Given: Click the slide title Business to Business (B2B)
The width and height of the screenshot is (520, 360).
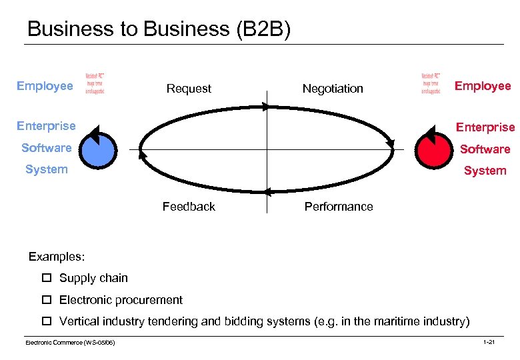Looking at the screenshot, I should point(159,29).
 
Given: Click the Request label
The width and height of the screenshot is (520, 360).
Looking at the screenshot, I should point(189,89).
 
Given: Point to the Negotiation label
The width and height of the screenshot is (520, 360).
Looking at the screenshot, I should point(333,89).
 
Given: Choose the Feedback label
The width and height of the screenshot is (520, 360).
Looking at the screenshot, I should point(189,207).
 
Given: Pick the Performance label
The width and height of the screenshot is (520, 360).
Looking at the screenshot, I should point(339,207).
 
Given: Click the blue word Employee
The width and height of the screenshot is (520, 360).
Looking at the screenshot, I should point(45,86).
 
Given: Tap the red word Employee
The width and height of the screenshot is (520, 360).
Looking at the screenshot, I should point(483,86).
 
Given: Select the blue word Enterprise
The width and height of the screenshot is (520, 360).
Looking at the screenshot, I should point(46,126).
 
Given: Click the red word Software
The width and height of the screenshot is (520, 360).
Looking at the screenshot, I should point(485,149).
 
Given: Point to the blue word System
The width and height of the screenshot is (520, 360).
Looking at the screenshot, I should point(46,169).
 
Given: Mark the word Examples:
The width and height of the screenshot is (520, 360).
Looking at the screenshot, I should point(57,257).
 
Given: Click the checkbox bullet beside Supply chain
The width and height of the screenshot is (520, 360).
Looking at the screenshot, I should point(47,278).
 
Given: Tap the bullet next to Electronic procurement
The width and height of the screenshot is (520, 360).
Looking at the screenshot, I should point(47,300).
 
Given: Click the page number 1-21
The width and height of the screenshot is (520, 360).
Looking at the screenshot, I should point(488,342).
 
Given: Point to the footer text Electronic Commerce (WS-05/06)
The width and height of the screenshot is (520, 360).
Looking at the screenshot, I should point(70,342).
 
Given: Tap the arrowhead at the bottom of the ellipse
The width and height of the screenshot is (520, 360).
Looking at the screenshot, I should point(267,192).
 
